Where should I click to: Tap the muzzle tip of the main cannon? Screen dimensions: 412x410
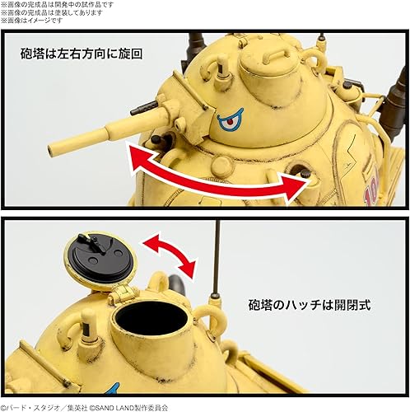(52, 150)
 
